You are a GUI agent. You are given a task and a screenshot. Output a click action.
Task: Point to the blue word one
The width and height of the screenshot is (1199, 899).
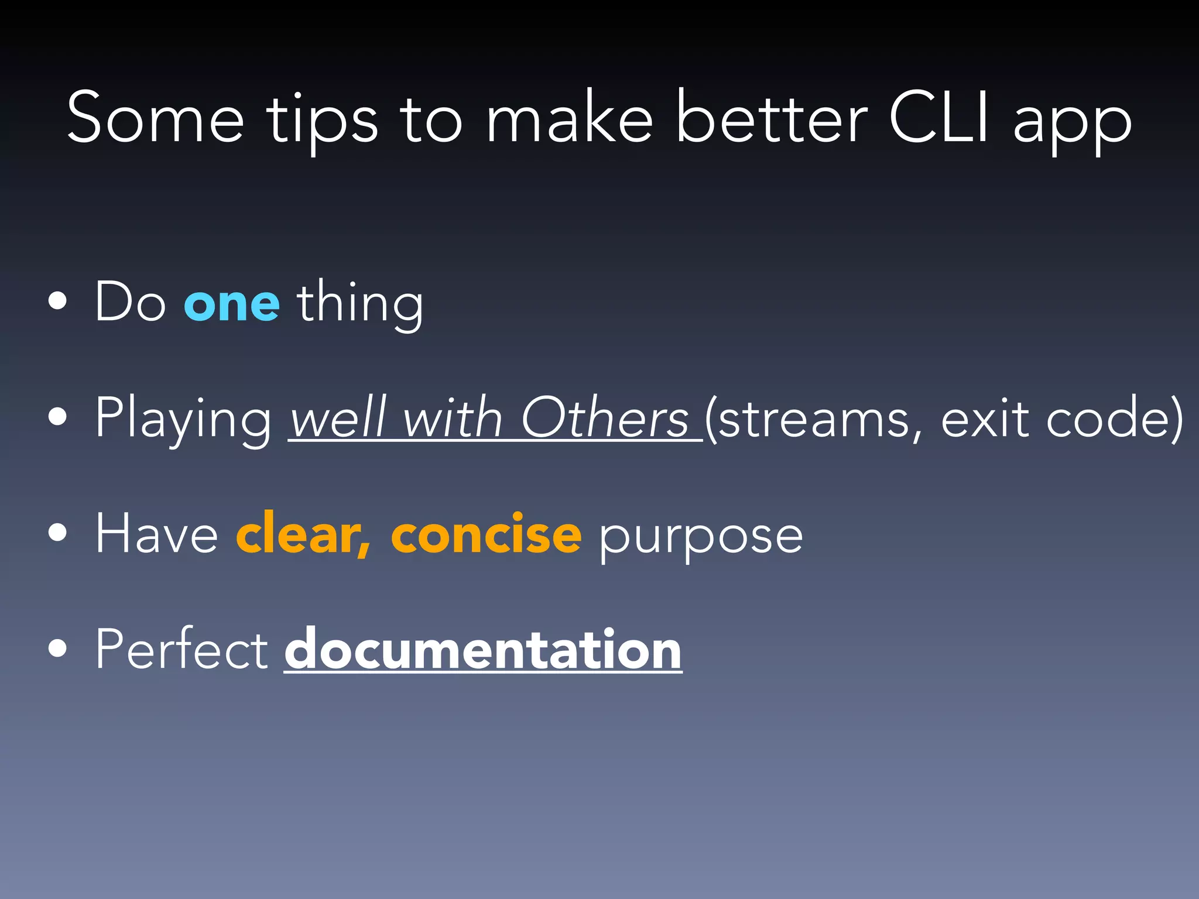232,304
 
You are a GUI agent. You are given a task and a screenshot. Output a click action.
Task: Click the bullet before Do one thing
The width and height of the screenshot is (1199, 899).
57,302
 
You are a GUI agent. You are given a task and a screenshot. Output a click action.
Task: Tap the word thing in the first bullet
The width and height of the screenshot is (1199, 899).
359,304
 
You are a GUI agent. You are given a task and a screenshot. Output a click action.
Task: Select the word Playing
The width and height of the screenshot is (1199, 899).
183,419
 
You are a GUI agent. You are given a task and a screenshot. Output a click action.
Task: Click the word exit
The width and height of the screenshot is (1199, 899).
985,419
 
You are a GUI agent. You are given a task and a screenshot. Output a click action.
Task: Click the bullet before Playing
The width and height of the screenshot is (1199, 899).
57,417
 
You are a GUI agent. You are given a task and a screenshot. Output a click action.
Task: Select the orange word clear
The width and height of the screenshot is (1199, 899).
303,534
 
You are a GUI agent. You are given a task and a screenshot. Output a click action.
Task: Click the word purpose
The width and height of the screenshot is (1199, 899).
700,537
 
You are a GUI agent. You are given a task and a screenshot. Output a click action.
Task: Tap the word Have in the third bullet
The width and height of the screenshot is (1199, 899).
156,534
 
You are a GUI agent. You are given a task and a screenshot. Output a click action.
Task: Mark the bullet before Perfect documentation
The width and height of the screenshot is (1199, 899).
57,648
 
